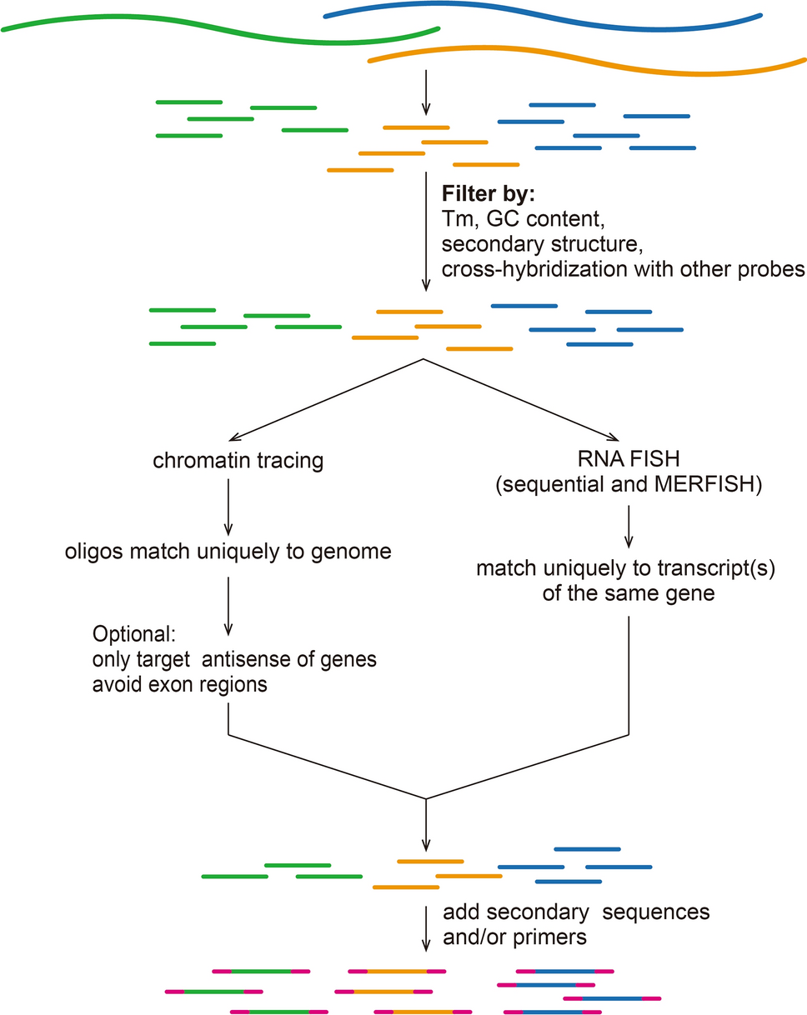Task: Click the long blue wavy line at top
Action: pos(542,10)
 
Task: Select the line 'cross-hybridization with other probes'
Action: pos(623,269)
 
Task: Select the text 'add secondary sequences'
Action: pos(576,912)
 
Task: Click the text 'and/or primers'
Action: pos(514,937)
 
